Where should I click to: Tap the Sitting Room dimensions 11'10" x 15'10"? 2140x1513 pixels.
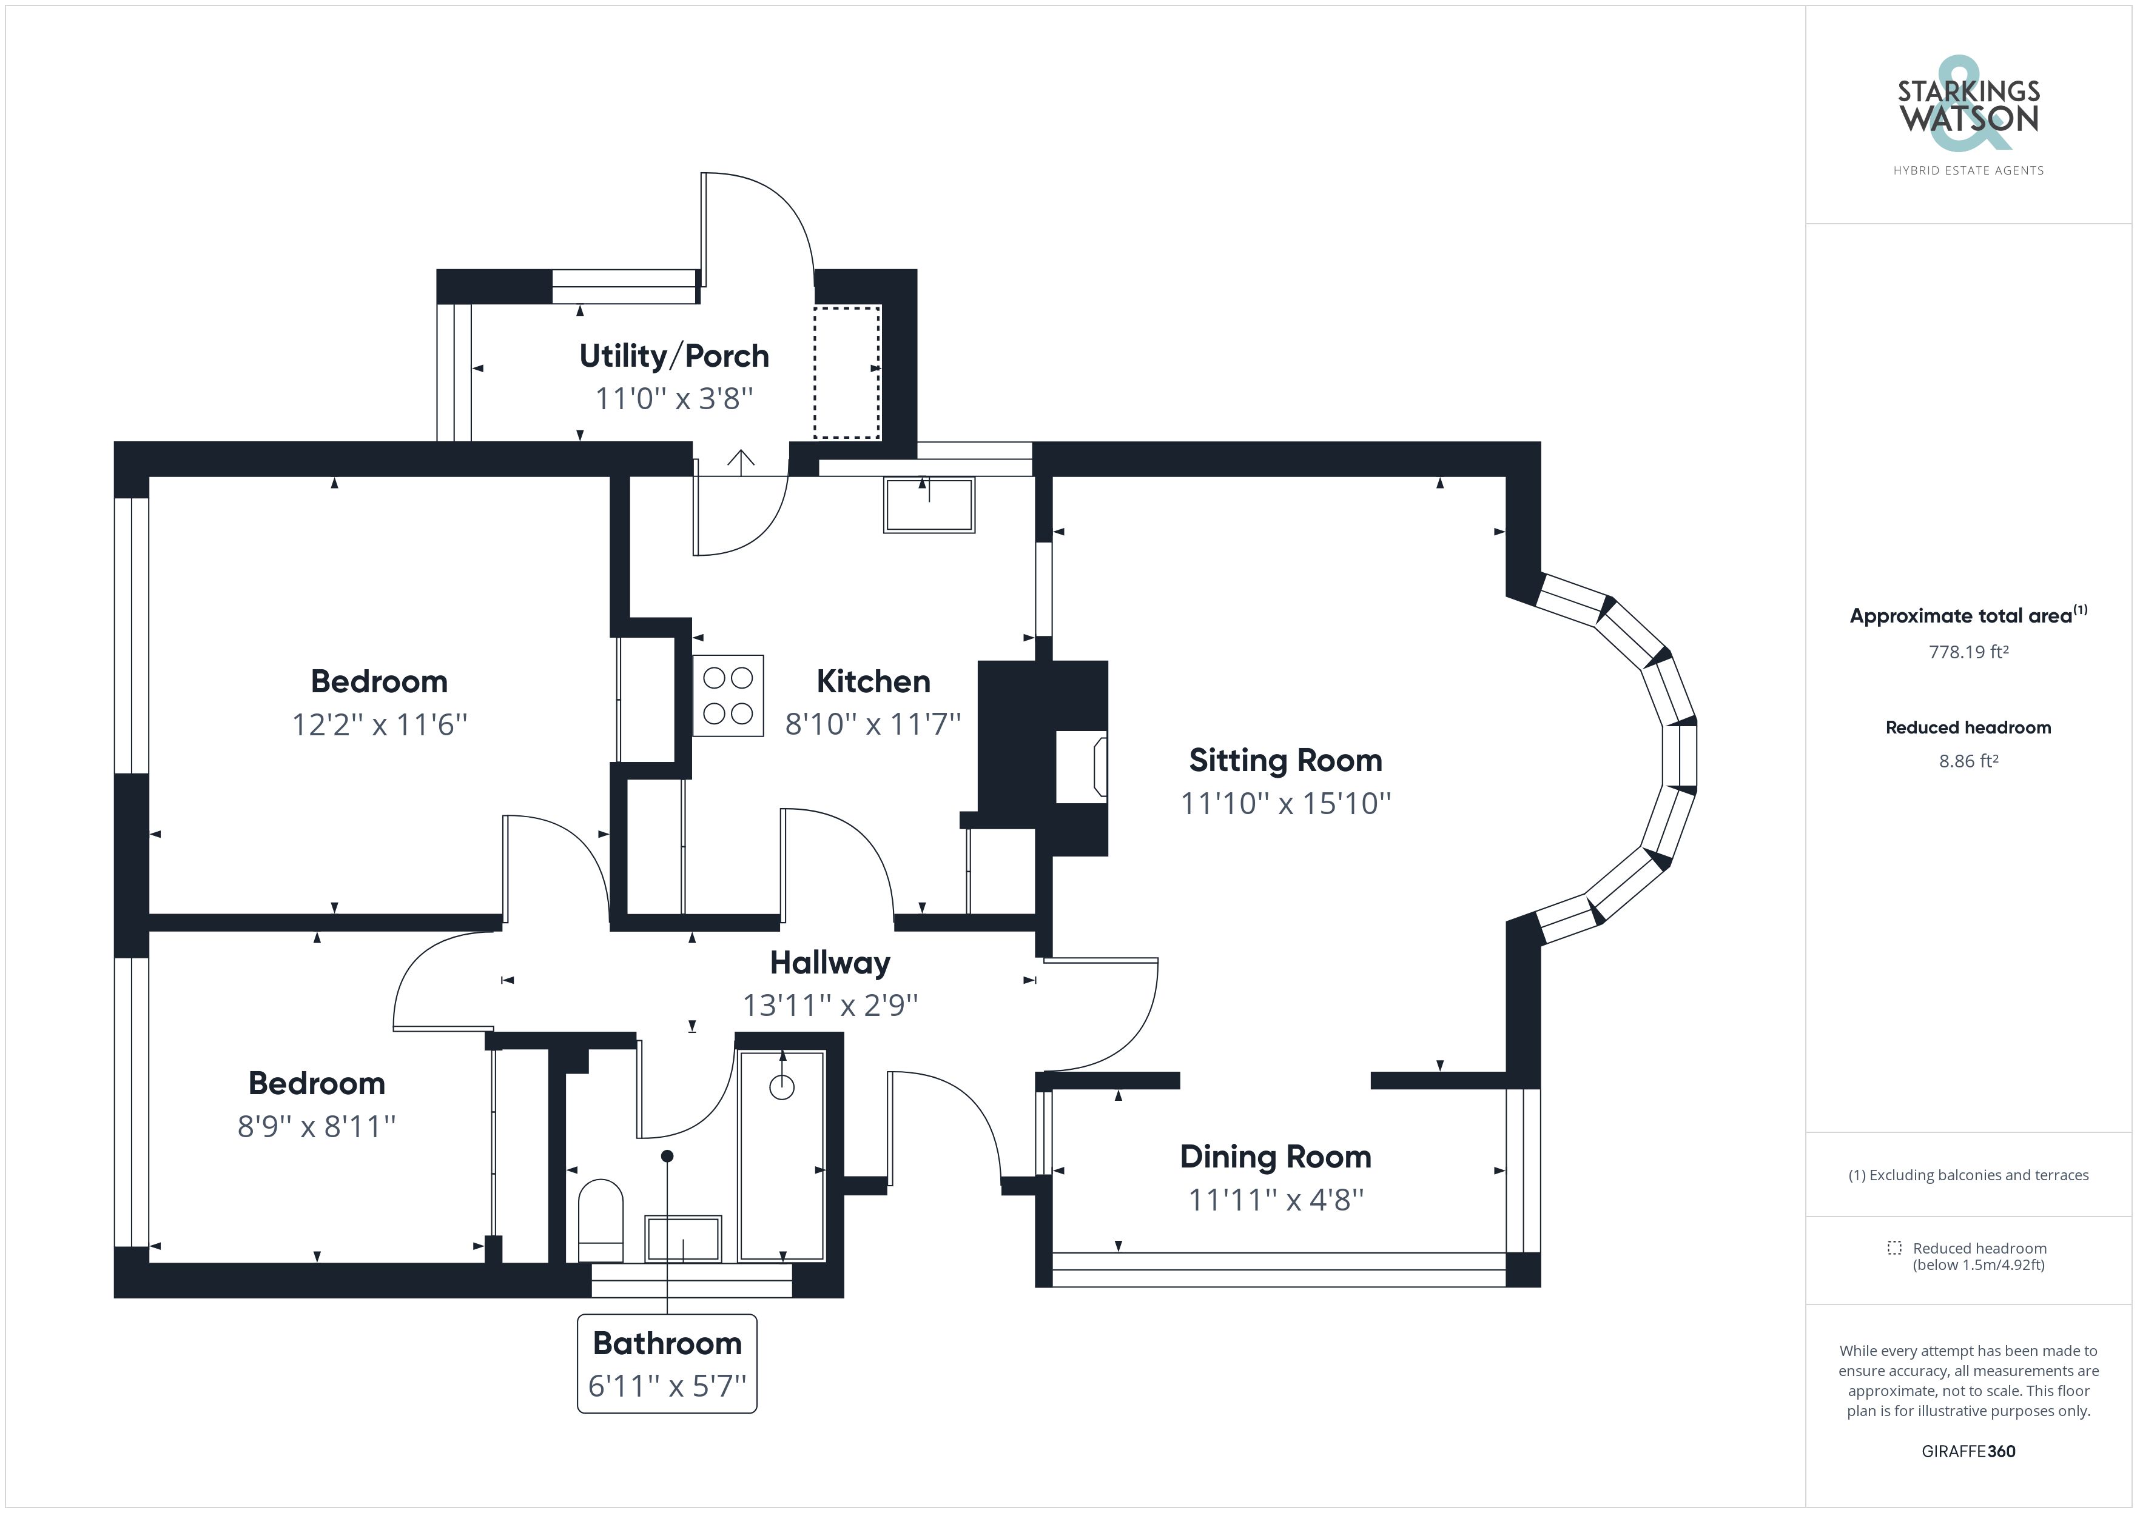1285,803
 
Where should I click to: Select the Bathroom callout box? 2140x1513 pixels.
667,1363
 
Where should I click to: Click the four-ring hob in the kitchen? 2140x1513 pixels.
728,696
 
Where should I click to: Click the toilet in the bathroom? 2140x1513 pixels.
601,1220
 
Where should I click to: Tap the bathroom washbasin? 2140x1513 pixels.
683,1238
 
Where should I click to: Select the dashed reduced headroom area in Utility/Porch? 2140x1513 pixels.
846,372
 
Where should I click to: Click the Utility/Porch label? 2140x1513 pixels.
674,356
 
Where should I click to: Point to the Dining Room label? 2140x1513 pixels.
1275,1156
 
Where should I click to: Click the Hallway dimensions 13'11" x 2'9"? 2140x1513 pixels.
830,1005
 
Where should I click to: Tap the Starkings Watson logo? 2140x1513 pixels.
1968,104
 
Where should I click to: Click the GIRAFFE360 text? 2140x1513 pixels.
1968,1451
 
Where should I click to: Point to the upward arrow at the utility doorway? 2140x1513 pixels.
741,461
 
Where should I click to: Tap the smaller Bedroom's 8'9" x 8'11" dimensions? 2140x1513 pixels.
317,1126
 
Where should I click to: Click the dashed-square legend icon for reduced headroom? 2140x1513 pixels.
1894,1247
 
